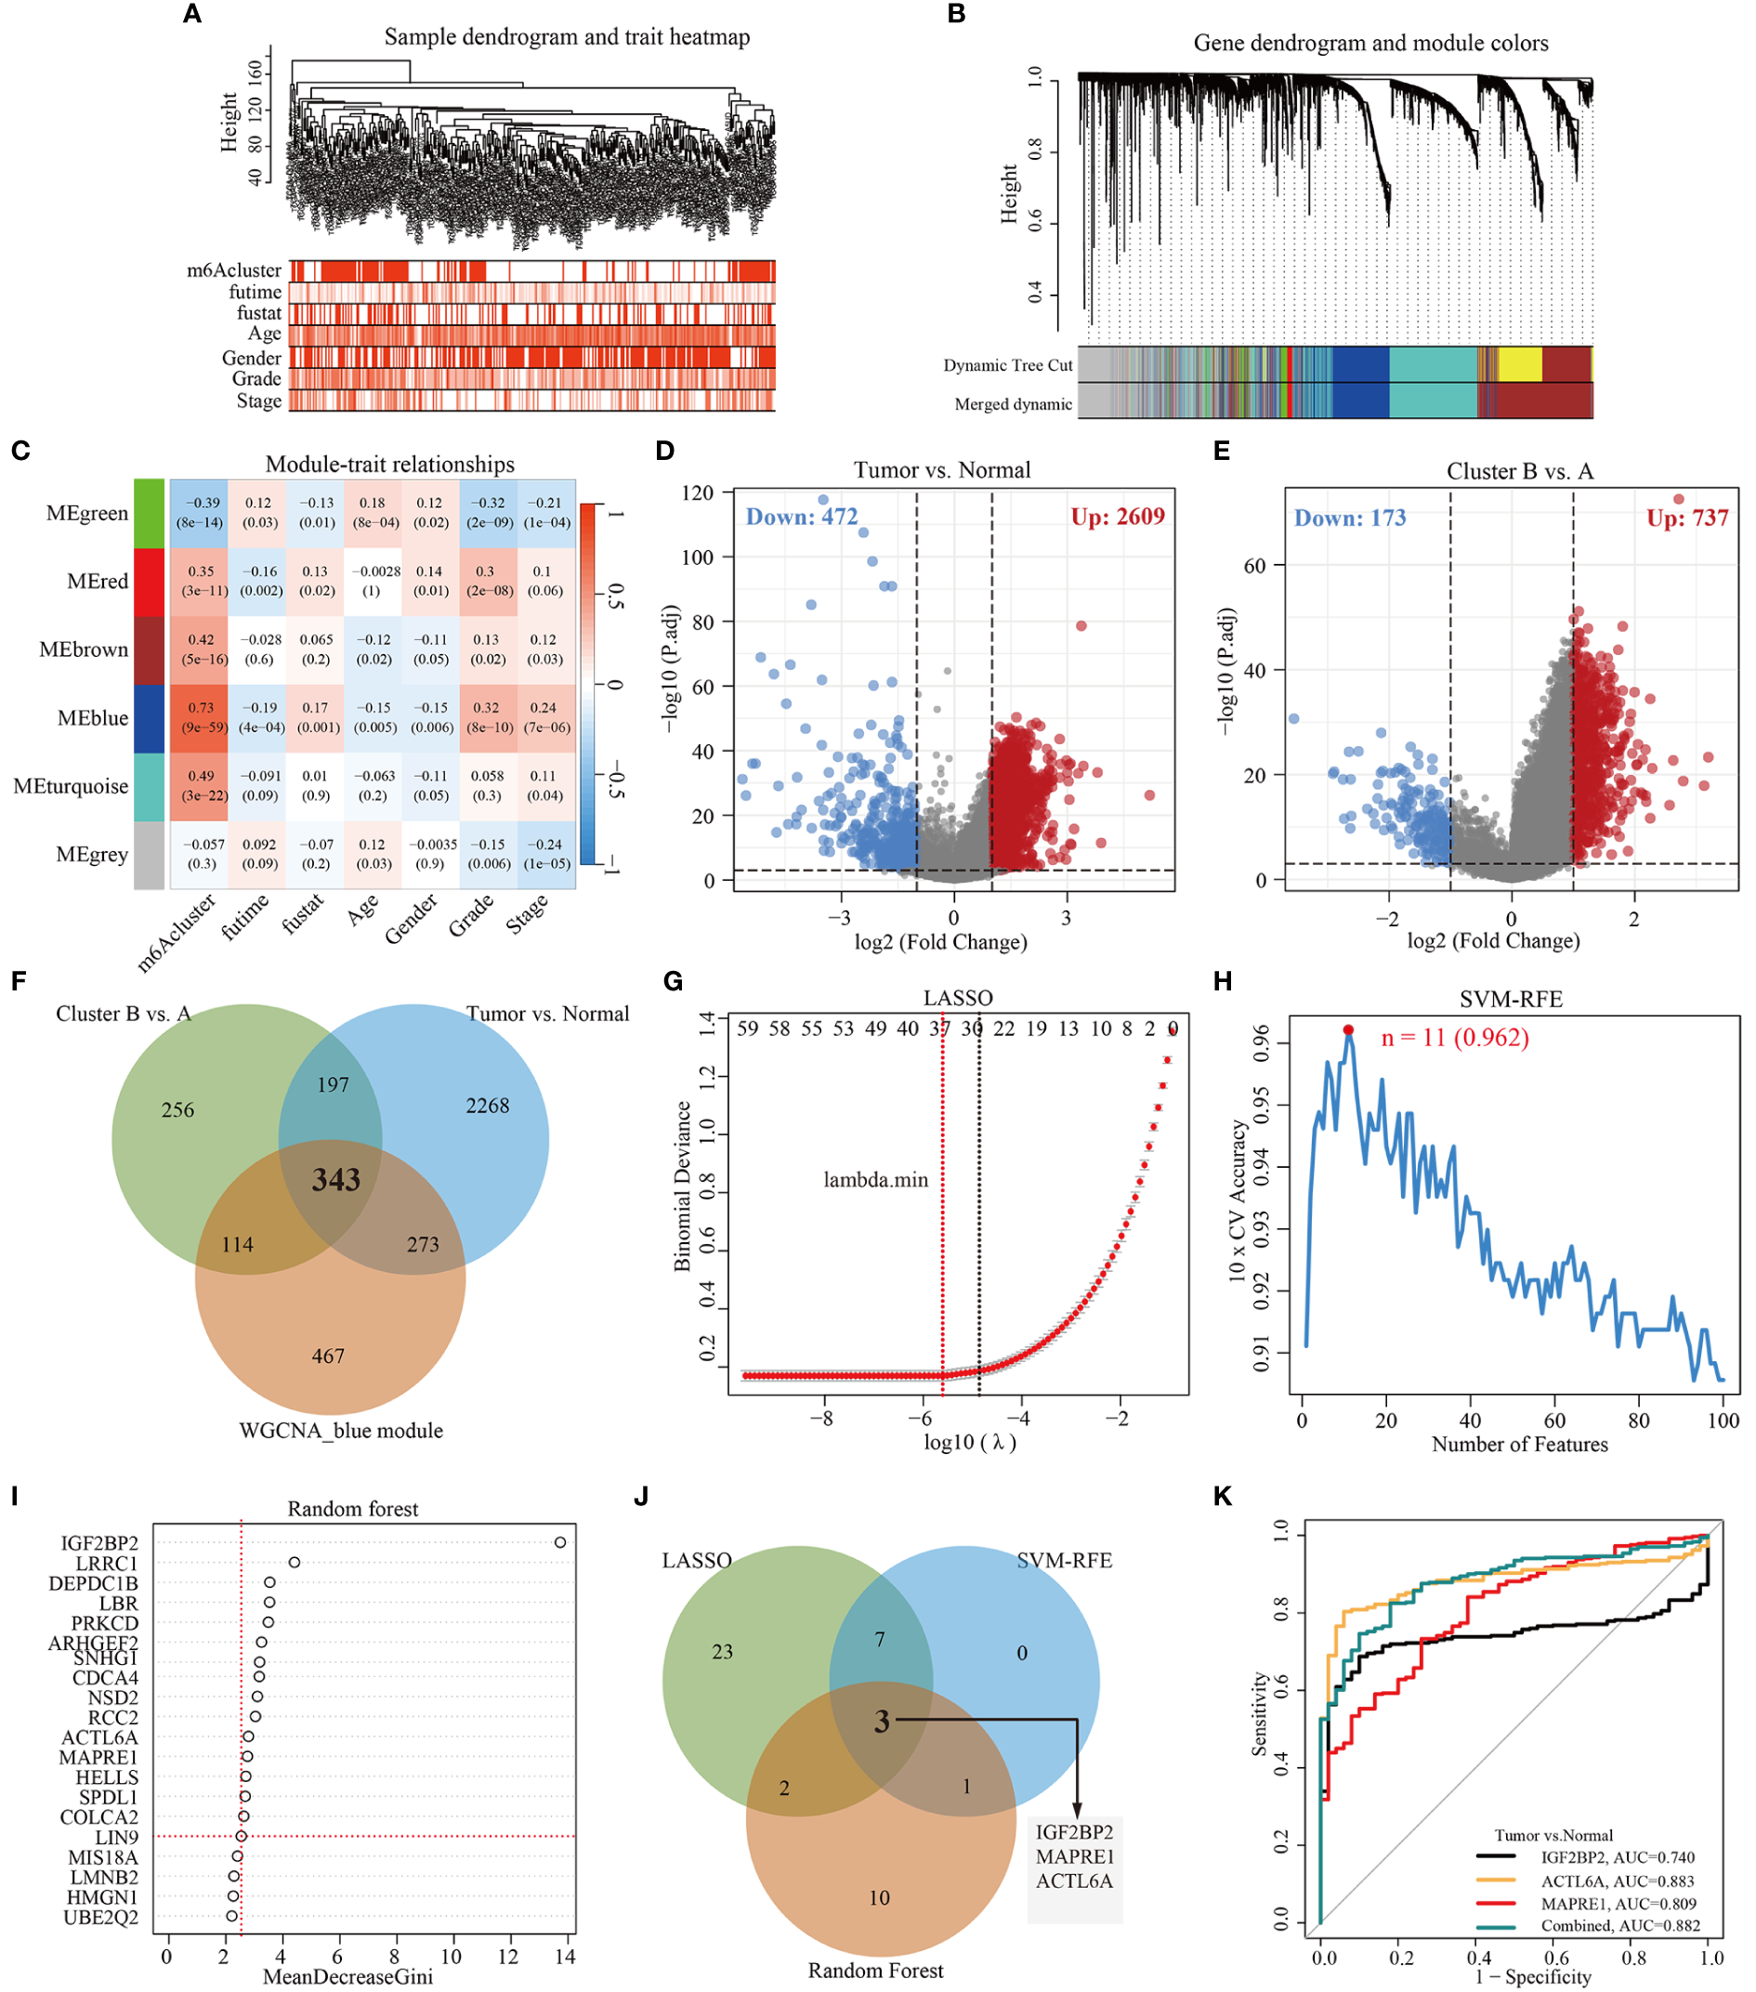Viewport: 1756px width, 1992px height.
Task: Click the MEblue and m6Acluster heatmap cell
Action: click(x=200, y=717)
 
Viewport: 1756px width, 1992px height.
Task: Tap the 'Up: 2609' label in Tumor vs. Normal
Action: click(x=1117, y=517)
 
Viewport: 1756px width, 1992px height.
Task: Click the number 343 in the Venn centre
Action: click(x=336, y=1180)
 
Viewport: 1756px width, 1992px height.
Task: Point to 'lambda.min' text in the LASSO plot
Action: click(x=875, y=1180)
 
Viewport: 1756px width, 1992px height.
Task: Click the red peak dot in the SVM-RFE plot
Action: click(x=1348, y=1030)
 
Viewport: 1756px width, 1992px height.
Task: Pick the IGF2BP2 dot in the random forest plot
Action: click(x=560, y=1541)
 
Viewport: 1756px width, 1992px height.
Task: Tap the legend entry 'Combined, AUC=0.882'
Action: click(x=1619, y=1926)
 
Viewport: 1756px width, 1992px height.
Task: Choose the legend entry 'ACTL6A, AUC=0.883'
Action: click(x=1617, y=1881)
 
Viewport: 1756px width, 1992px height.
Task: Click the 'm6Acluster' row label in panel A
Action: click(x=234, y=270)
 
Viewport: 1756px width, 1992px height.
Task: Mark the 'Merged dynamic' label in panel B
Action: click(x=1013, y=404)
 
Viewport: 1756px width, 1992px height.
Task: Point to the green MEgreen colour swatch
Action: click(x=148, y=513)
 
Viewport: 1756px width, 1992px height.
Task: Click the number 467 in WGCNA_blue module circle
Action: click(x=328, y=1356)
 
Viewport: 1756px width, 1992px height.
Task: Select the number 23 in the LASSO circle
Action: click(x=722, y=1652)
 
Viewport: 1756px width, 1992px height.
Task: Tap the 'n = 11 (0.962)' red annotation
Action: click(x=1454, y=1038)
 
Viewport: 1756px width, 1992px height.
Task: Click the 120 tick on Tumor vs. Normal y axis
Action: click(x=697, y=493)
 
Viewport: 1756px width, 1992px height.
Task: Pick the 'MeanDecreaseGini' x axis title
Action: click(x=347, y=1976)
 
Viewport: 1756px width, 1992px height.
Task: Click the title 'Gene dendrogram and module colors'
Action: click(x=1370, y=43)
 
